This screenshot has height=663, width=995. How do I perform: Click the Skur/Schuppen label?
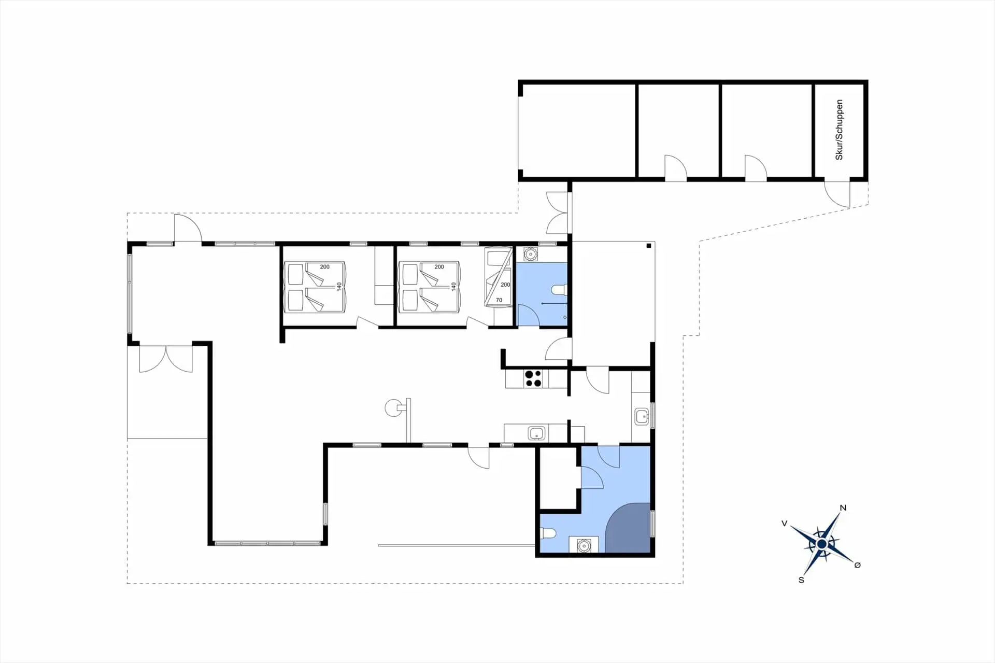pyautogui.click(x=839, y=130)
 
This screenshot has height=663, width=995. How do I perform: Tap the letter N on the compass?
pyautogui.click(x=843, y=508)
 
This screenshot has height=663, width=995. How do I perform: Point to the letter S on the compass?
pyautogui.click(x=801, y=580)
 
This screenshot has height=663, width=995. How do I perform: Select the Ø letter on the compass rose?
pyautogui.click(x=857, y=565)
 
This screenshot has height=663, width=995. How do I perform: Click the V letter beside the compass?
pyautogui.click(x=785, y=524)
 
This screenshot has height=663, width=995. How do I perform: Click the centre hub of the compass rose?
pyautogui.click(x=821, y=544)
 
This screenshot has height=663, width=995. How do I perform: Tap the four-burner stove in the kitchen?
pyautogui.click(x=533, y=378)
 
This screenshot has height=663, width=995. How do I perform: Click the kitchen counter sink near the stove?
pyautogui.click(x=536, y=433)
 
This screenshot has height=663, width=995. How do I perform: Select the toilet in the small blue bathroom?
pyautogui.click(x=559, y=290)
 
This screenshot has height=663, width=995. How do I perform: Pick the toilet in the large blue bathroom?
pyautogui.click(x=548, y=533)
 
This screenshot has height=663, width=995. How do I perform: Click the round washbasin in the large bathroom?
pyautogui.click(x=584, y=545)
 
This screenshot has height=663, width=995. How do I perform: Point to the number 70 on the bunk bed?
pyautogui.click(x=499, y=300)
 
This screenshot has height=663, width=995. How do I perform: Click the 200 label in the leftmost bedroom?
pyautogui.click(x=324, y=267)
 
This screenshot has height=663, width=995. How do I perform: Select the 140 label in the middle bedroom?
pyautogui.click(x=453, y=286)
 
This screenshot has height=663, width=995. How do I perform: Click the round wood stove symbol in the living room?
pyautogui.click(x=393, y=407)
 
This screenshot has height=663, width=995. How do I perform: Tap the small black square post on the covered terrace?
pyautogui.click(x=649, y=246)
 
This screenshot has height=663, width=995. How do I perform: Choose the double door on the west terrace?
pyautogui.click(x=166, y=359)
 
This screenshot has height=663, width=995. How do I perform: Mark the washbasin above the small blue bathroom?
pyautogui.click(x=530, y=255)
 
